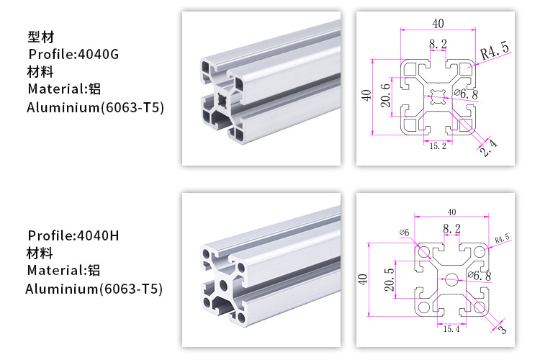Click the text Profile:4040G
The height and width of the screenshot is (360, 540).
(73, 54)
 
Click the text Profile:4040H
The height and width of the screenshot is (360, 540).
(73, 235)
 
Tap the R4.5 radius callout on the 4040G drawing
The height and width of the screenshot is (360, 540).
(495, 51)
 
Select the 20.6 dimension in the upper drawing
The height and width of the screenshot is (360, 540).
(386, 96)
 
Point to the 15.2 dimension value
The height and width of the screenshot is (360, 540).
(438, 146)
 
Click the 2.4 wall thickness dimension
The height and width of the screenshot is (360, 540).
(489, 148)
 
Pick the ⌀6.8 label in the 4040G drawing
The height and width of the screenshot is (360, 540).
(467, 94)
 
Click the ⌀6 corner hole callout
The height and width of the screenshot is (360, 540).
(405, 233)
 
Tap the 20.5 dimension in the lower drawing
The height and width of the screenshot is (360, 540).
(389, 279)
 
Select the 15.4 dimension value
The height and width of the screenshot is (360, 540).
(451, 329)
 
